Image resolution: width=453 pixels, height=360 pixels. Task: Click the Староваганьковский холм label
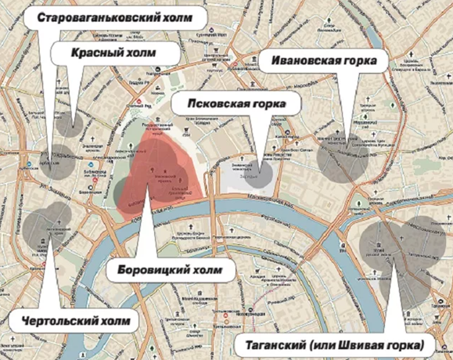tap(120, 18)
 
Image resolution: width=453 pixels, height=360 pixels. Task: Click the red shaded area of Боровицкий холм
tap(168, 172)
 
